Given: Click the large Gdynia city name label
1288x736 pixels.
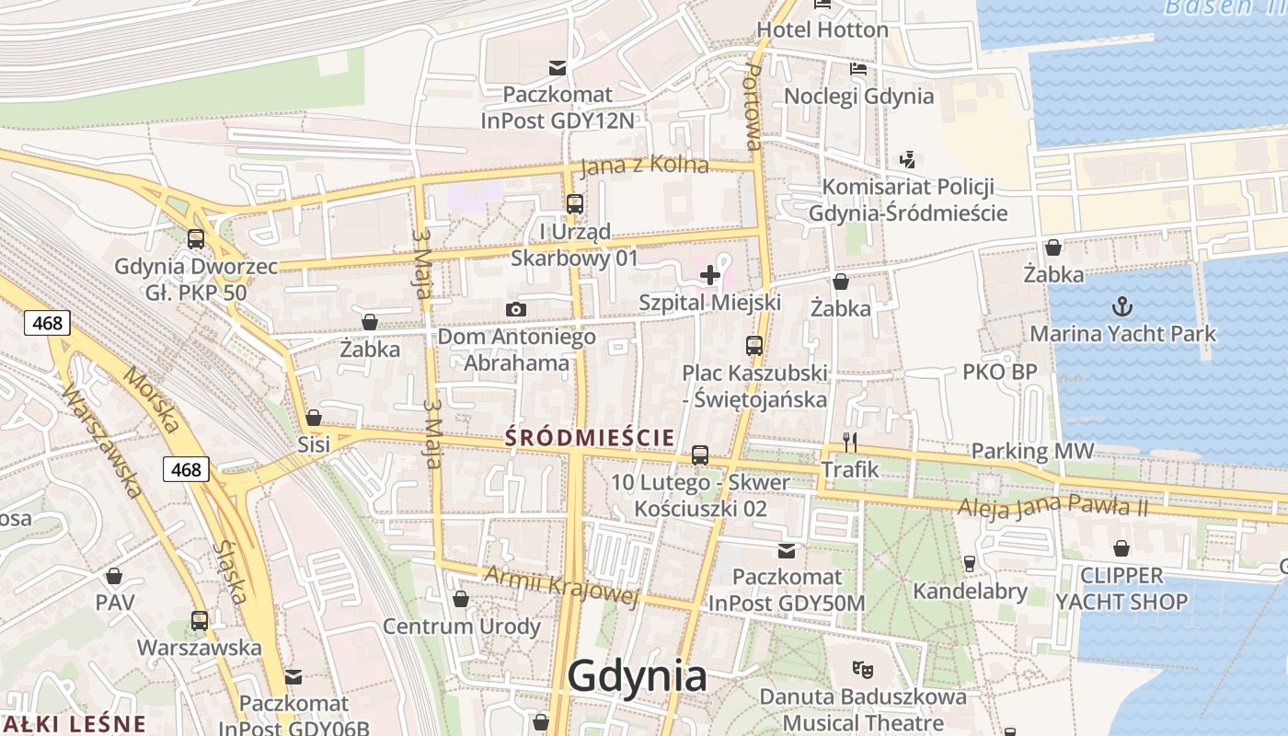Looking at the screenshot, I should (x=637, y=676).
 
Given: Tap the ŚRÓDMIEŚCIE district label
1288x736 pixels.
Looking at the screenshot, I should (x=589, y=437).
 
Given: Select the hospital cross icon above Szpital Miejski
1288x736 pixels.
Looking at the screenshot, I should (x=710, y=274).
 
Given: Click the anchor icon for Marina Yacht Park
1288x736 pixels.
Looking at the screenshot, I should (x=1122, y=306).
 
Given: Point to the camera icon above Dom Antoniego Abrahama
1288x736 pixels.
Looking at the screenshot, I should (x=516, y=309).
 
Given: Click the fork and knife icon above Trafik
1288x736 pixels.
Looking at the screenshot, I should (x=850, y=443).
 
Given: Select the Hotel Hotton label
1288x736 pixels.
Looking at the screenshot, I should (x=822, y=29).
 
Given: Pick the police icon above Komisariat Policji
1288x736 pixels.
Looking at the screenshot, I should (x=908, y=159).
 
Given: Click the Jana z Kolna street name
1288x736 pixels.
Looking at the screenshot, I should (x=644, y=166).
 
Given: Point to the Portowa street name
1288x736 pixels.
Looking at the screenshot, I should (x=753, y=106).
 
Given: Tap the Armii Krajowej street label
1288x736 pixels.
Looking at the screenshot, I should (x=560, y=585).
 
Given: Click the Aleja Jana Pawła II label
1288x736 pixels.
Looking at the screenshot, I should (x=1052, y=506).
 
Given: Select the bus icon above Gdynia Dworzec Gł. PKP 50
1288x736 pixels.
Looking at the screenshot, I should (x=195, y=239).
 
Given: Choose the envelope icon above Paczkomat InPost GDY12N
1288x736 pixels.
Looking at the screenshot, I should (x=558, y=67).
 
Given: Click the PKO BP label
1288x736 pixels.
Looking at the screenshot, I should (x=999, y=372).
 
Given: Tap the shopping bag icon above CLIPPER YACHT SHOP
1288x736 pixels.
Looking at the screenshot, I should (x=1121, y=549).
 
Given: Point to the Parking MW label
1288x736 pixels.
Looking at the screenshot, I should (x=1032, y=451).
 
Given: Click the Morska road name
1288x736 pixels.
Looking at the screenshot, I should (x=151, y=400).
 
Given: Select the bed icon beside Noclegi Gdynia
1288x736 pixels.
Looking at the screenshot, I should (x=858, y=69).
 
